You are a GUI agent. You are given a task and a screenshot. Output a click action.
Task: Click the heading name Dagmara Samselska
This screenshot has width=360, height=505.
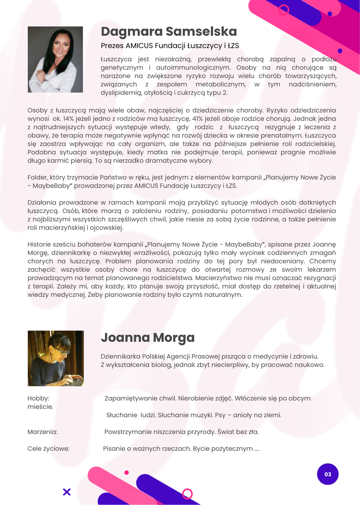169,32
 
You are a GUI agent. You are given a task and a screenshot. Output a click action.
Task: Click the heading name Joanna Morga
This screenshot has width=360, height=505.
147,338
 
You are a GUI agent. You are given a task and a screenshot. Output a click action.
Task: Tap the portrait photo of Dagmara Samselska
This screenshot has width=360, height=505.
55,60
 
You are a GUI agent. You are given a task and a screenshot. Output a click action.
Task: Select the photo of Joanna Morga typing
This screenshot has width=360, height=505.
56,358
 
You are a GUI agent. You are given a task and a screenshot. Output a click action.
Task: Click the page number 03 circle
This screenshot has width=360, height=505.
327,474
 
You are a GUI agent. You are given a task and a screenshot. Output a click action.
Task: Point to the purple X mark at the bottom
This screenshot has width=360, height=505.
67,492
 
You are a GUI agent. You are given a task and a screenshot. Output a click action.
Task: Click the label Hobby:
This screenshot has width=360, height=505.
38,398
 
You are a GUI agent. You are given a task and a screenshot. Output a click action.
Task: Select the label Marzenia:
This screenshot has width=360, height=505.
42,432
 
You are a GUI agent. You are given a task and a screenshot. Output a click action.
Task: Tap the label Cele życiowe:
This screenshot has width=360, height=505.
49,449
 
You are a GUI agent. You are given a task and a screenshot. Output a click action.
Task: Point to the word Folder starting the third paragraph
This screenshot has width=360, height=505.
38,177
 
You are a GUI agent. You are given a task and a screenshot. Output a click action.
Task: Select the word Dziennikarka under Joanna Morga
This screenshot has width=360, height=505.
121,356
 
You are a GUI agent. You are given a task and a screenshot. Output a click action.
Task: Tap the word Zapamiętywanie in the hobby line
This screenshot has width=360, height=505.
130,398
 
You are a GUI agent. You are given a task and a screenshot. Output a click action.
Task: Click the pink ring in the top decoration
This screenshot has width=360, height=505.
284,9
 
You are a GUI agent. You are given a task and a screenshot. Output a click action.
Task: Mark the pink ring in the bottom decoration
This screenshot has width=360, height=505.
187,494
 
